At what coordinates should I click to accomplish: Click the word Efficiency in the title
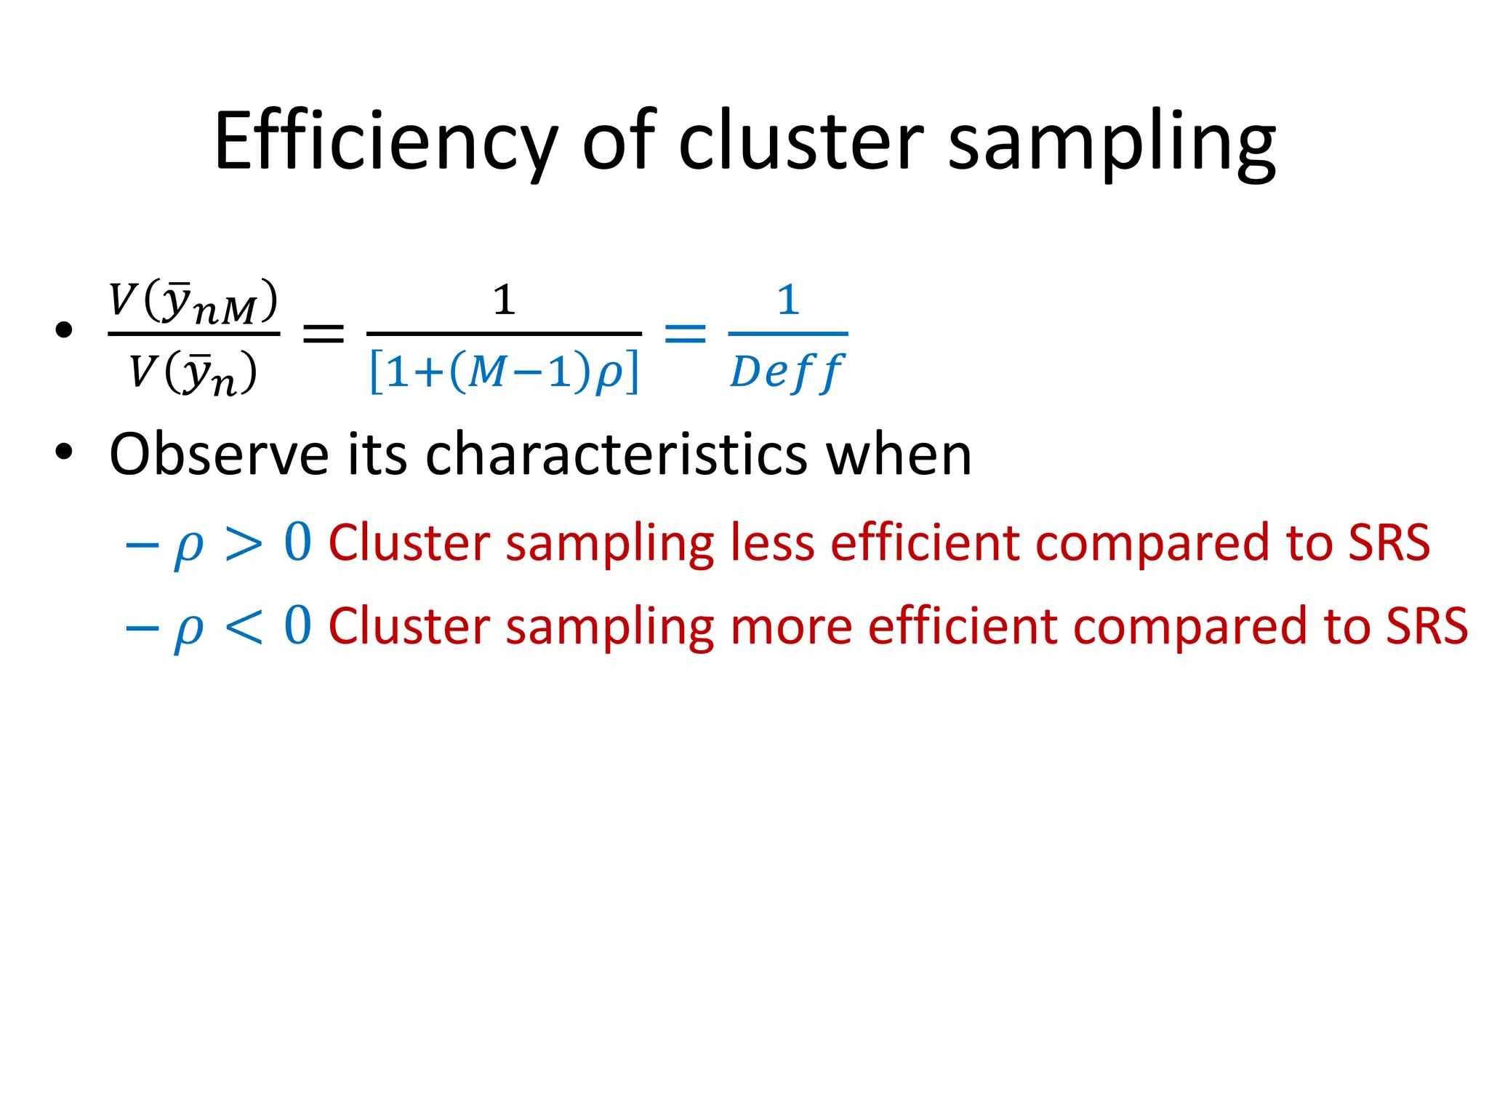[x=385, y=142]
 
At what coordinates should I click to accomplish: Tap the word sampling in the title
[x=1112, y=143]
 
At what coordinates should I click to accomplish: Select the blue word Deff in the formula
[x=787, y=372]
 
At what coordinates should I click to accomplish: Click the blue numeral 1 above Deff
[x=788, y=300]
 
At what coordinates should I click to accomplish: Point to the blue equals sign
[x=685, y=333]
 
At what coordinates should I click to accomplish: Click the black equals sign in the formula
[x=323, y=334]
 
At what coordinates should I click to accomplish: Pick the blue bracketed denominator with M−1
[x=505, y=372]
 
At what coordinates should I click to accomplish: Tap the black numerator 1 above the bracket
[x=504, y=300]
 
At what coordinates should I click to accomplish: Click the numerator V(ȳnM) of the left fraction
[x=193, y=302]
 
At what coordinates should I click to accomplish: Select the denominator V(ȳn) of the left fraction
[x=193, y=373]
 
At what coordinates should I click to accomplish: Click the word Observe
[x=219, y=455]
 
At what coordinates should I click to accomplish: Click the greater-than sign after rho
[x=244, y=543]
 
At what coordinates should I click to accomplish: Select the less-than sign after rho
[x=244, y=627]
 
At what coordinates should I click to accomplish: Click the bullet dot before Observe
[x=64, y=452]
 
